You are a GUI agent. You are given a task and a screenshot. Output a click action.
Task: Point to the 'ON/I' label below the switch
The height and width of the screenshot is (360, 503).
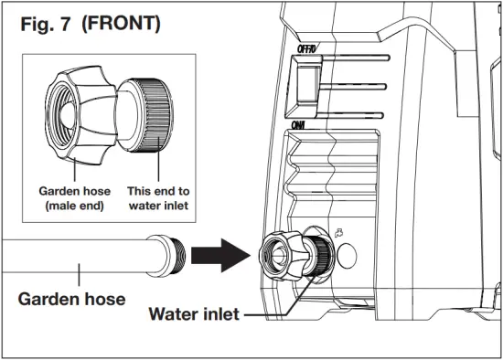[x=298, y=125]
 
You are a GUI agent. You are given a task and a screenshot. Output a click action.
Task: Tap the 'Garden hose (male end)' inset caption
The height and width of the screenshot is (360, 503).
[x=72, y=199]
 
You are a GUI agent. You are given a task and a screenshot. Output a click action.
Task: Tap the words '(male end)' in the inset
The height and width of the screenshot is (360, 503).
[x=71, y=206]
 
